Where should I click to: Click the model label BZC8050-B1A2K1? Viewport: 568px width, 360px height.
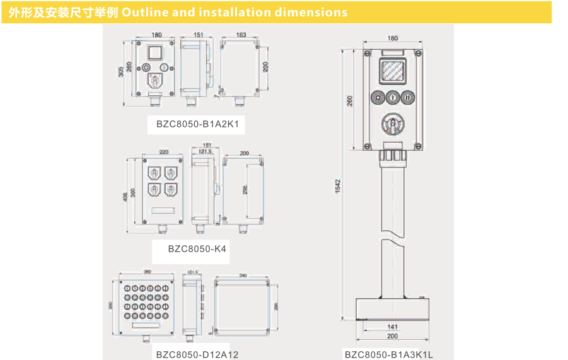(197, 124)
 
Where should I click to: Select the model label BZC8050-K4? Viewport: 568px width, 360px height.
(197, 249)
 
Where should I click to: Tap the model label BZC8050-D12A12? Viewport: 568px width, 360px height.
(197, 354)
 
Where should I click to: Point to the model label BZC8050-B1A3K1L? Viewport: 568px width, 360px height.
(388, 354)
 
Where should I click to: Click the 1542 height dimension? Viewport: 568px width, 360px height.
(338, 185)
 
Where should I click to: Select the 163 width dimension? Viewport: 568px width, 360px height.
(241, 35)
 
